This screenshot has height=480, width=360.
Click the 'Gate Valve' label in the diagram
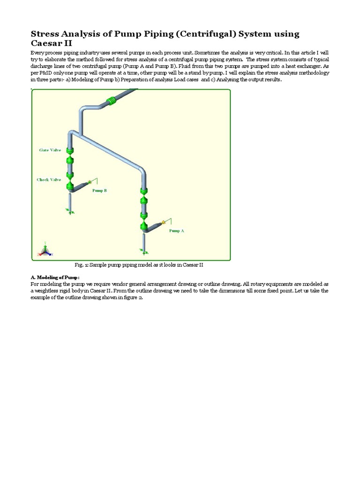50,150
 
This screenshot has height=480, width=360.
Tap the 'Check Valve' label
49,180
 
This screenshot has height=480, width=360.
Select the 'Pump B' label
99,191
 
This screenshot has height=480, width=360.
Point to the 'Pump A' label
177,231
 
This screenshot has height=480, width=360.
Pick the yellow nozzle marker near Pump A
163,222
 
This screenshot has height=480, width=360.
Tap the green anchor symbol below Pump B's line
71,212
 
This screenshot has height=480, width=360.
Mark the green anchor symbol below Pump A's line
143,253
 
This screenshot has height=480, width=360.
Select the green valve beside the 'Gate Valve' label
70,151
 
